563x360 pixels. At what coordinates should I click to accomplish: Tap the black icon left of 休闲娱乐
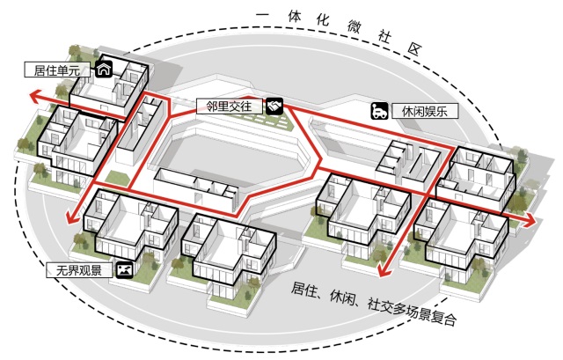(378, 111)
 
